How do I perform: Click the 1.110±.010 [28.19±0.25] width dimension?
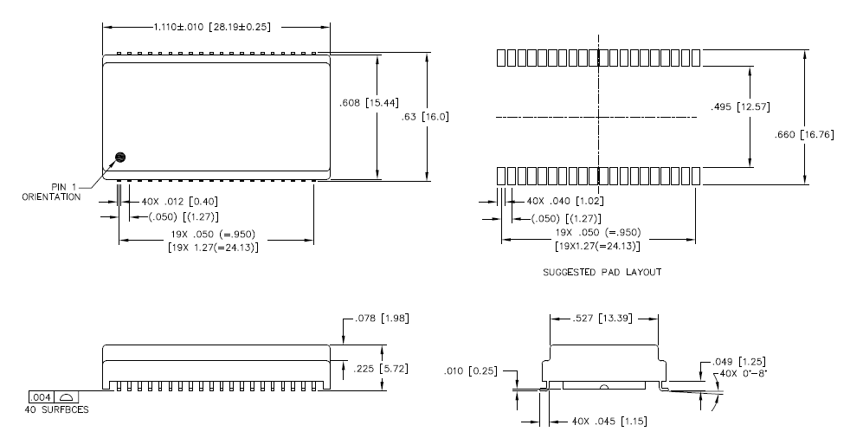212,27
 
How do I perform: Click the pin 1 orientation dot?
121,158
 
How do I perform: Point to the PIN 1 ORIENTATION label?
51,192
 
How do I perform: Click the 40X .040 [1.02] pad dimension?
568,201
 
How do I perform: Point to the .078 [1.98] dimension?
382,319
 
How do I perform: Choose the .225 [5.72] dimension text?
382,368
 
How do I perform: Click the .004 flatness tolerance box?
44,396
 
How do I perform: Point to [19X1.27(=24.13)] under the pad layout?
596,247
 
